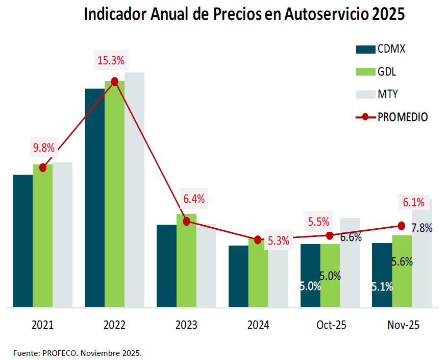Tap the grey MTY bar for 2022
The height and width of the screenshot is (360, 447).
pos(135,189)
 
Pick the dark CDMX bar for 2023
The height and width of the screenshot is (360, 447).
pos(166,266)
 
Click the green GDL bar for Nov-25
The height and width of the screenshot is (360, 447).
pos(402,286)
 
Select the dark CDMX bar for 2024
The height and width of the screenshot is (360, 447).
pos(238,276)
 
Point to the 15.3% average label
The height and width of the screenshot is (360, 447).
pos(111,61)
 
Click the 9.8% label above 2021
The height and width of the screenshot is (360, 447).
pos(43,148)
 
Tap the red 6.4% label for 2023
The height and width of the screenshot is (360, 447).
pos(194,199)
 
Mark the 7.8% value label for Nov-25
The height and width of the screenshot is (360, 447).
pos(422,228)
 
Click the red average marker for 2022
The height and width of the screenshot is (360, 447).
pos(115,81)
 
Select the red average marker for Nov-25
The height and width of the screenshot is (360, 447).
pos(401,226)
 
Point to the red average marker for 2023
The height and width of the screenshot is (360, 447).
pos(186,221)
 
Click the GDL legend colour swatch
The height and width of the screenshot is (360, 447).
pos(365,72)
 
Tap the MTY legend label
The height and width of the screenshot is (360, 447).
pos(388,94)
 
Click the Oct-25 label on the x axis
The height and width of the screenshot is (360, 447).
pos(331,325)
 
